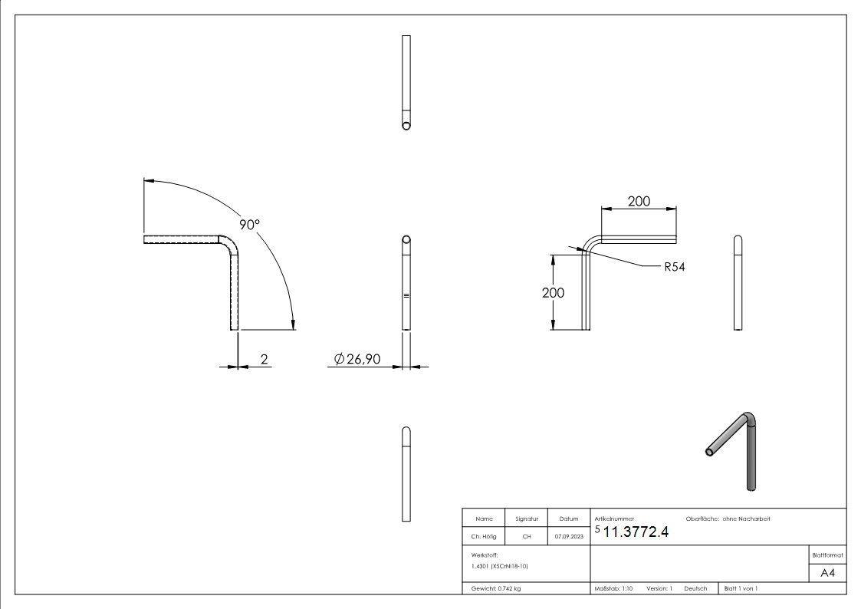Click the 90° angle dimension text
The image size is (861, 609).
click(249, 225)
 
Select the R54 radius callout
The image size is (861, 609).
click(674, 267)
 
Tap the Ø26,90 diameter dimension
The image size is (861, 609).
click(357, 359)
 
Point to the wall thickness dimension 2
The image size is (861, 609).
click(264, 358)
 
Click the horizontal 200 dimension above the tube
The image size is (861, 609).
click(639, 201)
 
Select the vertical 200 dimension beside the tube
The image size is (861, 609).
click(553, 293)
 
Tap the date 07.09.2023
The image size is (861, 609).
click(568, 537)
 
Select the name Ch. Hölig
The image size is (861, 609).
click(484, 537)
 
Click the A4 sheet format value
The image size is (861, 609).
click(827, 571)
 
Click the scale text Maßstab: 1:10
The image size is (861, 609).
click(613, 588)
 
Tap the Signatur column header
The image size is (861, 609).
click(527, 519)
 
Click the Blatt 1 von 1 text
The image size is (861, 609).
click(741, 588)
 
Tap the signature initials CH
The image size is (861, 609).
click(527, 537)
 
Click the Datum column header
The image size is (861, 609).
click(568, 519)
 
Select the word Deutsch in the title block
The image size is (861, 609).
click(695, 588)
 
